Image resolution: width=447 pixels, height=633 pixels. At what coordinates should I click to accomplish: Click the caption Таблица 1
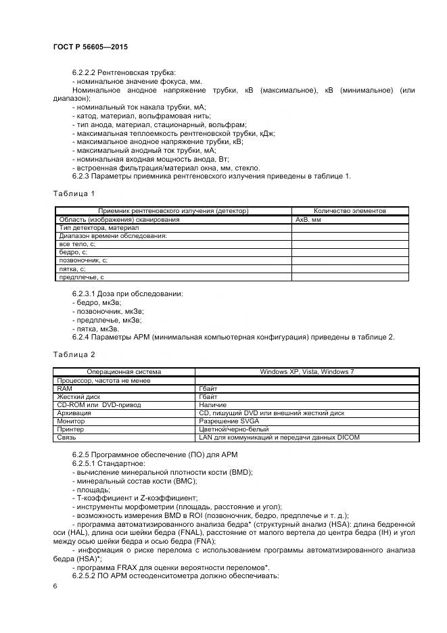point(74,194)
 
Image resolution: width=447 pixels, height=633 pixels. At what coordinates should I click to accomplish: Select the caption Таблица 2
point(74,354)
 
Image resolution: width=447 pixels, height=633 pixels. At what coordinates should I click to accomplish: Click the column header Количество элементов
point(350,211)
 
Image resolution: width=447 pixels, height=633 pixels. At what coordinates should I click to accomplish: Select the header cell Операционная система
point(124,372)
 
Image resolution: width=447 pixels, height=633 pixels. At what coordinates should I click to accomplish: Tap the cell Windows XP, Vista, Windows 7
point(307,372)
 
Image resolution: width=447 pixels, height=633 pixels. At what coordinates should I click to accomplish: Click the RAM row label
point(65,389)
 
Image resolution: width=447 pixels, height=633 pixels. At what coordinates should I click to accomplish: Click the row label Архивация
point(74,413)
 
